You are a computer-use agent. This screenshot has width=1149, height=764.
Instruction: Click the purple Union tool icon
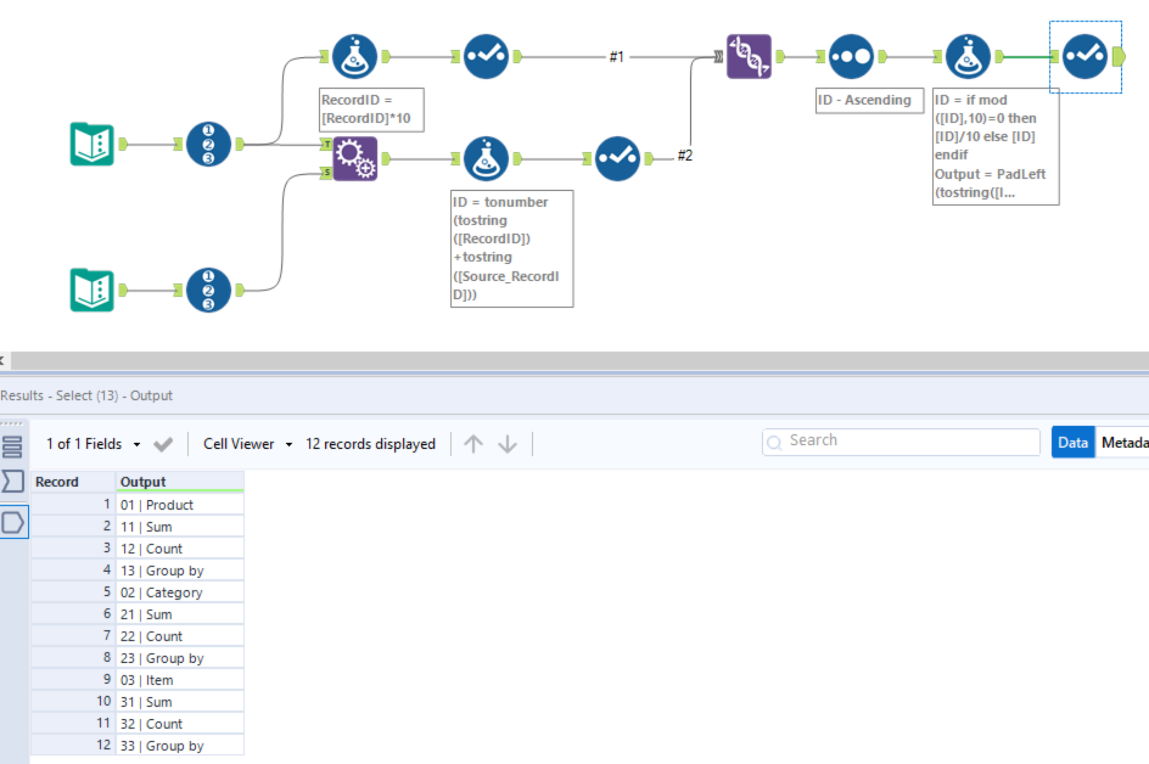[749, 56]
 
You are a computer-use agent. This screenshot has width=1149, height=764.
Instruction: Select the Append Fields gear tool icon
[355, 159]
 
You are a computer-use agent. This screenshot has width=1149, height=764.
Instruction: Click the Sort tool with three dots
[851, 56]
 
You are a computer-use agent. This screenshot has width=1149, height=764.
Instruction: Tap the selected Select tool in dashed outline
[1085, 56]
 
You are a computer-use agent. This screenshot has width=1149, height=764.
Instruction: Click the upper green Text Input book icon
[92, 144]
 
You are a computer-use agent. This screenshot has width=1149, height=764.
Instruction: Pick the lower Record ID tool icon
[208, 291]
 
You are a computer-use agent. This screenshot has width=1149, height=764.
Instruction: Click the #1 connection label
[616, 57]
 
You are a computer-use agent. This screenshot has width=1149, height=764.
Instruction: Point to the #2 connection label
[685, 155]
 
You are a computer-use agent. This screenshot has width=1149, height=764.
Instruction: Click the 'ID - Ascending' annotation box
[869, 100]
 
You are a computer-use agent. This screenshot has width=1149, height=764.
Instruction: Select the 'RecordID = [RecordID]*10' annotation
[371, 109]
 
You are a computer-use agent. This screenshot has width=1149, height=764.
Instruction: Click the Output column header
[179, 481]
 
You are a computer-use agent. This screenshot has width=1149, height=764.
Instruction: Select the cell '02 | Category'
[179, 593]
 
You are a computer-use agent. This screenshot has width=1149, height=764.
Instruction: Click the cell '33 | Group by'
[179, 746]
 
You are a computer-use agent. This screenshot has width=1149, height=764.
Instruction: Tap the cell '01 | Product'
[179, 505]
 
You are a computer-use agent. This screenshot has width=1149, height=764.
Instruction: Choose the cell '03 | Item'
[179, 680]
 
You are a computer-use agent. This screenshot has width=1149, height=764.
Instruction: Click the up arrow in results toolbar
[473, 444]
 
